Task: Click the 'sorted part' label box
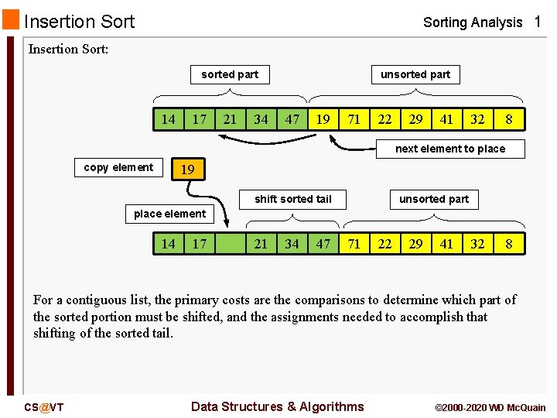click(x=230, y=74)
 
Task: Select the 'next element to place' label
click(x=449, y=149)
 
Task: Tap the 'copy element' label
click(x=118, y=167)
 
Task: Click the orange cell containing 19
click(x=187, y=169)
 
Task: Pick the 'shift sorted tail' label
click(x=293, y=199)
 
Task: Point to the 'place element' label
click(x=169, y=214)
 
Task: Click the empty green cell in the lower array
click(x=231, y=244)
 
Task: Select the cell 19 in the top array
click(x=323, y=119)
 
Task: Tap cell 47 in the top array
click(x=292, y=119)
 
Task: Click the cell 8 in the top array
click(x=509, y=119)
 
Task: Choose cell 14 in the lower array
click(x=168, y=244)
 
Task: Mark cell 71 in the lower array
click(x=354, y=244)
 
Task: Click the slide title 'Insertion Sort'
click(x=79, y=22)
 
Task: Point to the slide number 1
click(x=538, y=22)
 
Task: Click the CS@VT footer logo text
click(x=44, y=407)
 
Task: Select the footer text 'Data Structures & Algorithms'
click(x=277, y=406)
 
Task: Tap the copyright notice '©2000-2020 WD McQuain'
click(x=490, y=407)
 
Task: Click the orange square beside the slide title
click(x=11, y=20)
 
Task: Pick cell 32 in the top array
click(x=478, y=119)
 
